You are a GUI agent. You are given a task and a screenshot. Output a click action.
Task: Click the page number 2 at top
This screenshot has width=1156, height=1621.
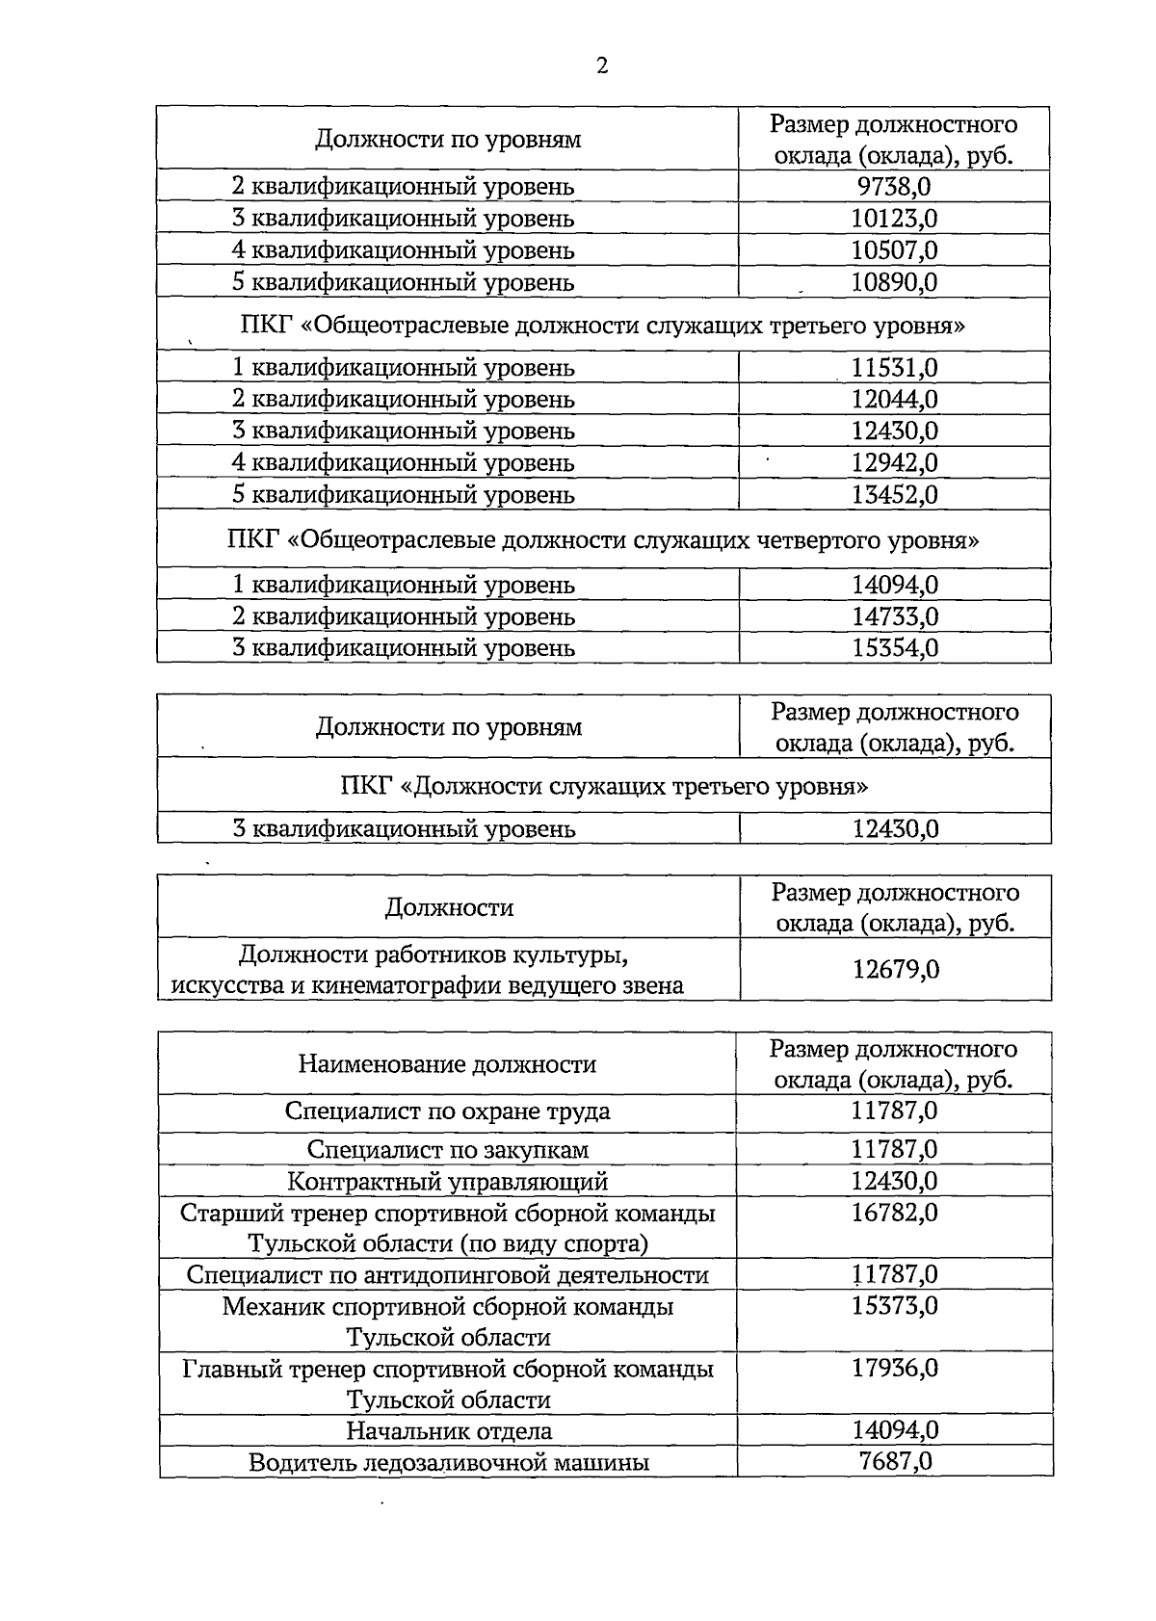[x=602, y=65]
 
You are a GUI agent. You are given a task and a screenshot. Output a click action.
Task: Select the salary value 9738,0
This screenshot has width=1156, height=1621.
[x=894, y=186]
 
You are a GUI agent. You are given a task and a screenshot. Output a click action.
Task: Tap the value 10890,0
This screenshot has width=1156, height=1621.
[x=894, y=282]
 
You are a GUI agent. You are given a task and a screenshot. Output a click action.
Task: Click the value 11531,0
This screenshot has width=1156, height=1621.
[x=894, y=367]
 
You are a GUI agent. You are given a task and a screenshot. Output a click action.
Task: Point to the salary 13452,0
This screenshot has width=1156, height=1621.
[x=894, y=494]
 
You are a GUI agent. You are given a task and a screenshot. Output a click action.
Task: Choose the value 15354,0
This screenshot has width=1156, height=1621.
[x=894, y=647]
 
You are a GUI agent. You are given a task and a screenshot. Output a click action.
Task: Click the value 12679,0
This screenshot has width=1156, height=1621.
[x=896, y=969]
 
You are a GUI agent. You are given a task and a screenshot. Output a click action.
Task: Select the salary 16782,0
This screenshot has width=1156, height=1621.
[x=894, y=1212]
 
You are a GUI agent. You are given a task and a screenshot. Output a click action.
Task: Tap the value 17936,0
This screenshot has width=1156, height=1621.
[x=895, y=1368]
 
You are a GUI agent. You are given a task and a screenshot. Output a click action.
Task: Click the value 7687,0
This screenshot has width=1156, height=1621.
[x=895, y=1461]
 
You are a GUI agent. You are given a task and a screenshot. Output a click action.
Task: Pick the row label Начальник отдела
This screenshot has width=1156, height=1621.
[x=449, y=1430]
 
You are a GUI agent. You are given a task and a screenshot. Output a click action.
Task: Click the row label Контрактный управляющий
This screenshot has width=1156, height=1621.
[x=448, y=1181]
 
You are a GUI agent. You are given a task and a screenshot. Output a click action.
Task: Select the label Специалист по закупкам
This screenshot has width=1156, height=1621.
[x=448, y=1149]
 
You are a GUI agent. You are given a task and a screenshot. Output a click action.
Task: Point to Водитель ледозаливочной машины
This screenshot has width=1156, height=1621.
[x=449, y=1462]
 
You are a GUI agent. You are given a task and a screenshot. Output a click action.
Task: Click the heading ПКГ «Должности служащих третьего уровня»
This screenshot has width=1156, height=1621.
[x=604, y=786]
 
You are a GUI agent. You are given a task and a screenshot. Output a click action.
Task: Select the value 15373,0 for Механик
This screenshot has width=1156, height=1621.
[x=894, y=1306]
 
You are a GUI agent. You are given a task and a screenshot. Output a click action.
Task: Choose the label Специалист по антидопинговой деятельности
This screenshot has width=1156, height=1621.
[x=448, y=1275]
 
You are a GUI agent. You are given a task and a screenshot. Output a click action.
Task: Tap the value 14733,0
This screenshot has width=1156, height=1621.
[x=894, y=615]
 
